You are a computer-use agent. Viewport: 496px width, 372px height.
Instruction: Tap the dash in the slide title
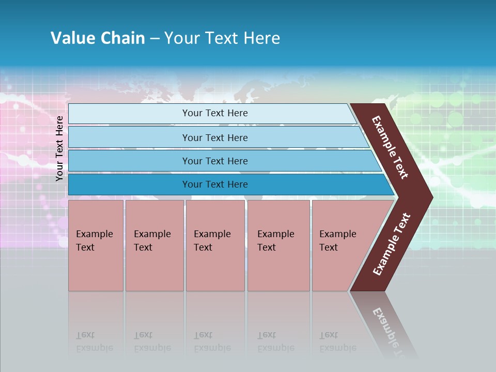click(154, 39)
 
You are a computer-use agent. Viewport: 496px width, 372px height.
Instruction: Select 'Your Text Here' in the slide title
click(222, 38)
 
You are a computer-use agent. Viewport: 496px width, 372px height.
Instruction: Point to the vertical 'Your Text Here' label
click(59, 148)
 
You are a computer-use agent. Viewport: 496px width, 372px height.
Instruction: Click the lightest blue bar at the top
click(215, 113)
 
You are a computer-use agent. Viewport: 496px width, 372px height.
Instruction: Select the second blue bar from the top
click(215, 137)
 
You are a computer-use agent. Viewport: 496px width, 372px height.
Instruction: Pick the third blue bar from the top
click(215, 161)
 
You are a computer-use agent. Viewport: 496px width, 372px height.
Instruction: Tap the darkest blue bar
click(215, 184)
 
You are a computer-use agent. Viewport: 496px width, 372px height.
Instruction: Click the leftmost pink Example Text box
click(96, 245)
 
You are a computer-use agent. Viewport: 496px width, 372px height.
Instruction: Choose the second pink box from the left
click(154, 245)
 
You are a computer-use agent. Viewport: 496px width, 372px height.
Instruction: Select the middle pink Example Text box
click(215, 245)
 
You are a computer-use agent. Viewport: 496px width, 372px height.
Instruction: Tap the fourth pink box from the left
click(278, 245)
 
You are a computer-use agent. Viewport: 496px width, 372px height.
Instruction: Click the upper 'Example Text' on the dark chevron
click(390, 147)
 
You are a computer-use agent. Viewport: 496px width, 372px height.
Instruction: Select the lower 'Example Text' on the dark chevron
click(392, 244)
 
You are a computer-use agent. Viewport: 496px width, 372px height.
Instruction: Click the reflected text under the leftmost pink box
click(94, 342)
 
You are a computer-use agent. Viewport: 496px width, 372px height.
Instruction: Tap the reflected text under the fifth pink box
click(337, 342)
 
